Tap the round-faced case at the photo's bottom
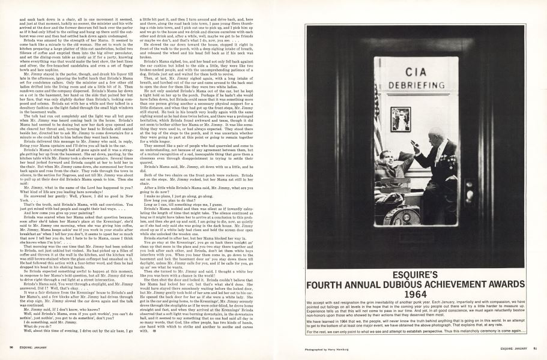(402, 217)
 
